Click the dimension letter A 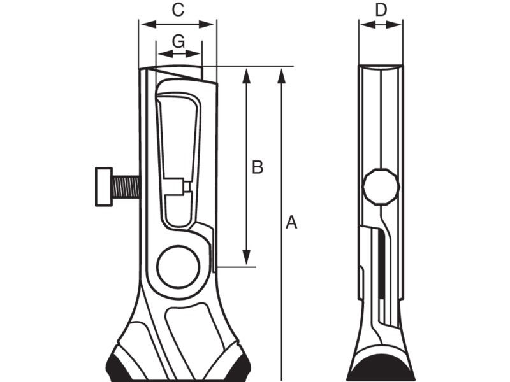(291, 222)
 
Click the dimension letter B (257, 167)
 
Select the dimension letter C (178, 10)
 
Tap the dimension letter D (381, 10)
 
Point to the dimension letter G (178, 41)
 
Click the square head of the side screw (103, 187)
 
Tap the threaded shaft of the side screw (126, 187)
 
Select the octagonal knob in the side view (381, 187)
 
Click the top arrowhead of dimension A (281, 73)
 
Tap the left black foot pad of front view (118, 366)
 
